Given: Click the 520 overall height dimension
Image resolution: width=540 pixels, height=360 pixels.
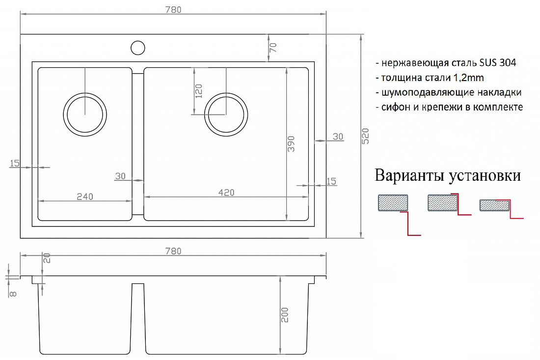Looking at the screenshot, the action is tap(365, 136).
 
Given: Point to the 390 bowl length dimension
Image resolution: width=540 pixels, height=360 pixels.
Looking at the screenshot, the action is tap(291, 144).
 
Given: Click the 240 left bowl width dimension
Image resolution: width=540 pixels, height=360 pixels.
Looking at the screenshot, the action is tap(85, 196).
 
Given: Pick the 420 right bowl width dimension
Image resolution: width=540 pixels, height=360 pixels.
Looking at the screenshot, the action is tap(226, 192).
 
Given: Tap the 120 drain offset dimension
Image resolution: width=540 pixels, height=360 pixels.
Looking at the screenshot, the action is tap(199, 91).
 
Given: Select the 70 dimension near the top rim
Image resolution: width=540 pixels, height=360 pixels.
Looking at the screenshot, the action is tap(273, 47).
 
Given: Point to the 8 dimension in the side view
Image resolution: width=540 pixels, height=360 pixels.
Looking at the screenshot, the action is tap(13, 294).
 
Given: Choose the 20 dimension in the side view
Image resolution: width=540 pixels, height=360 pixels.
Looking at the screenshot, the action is tap(47, 258).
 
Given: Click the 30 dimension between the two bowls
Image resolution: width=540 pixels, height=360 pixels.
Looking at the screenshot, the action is tap(120, 176).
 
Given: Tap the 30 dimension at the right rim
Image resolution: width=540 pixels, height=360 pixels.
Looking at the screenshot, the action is tap(338, 137).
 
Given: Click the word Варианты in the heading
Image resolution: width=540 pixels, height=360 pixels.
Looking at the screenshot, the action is tap(409, 175).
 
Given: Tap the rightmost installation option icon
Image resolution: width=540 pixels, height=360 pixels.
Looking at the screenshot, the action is tap(501, 208).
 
